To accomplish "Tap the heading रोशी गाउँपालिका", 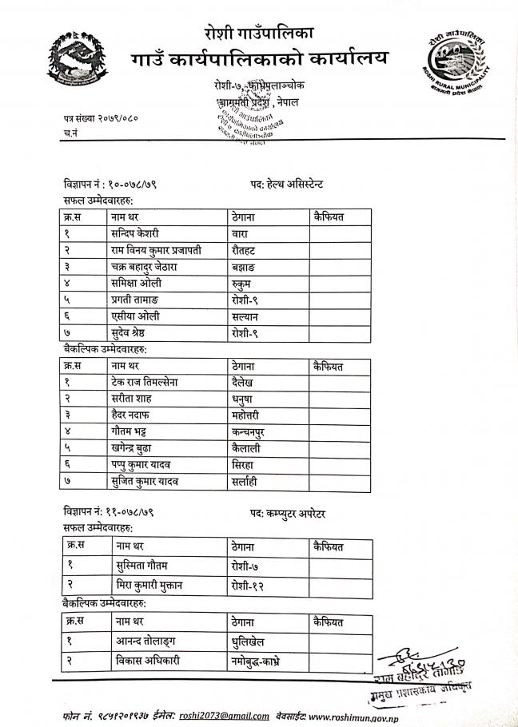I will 259,33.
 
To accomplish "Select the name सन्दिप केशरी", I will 135,233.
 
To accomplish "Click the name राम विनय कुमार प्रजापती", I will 156,250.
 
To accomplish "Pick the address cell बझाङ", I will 245,267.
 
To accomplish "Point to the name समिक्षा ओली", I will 137,283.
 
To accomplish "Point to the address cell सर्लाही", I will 245,482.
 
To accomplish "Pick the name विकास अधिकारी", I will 149,661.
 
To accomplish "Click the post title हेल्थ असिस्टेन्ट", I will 285,183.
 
